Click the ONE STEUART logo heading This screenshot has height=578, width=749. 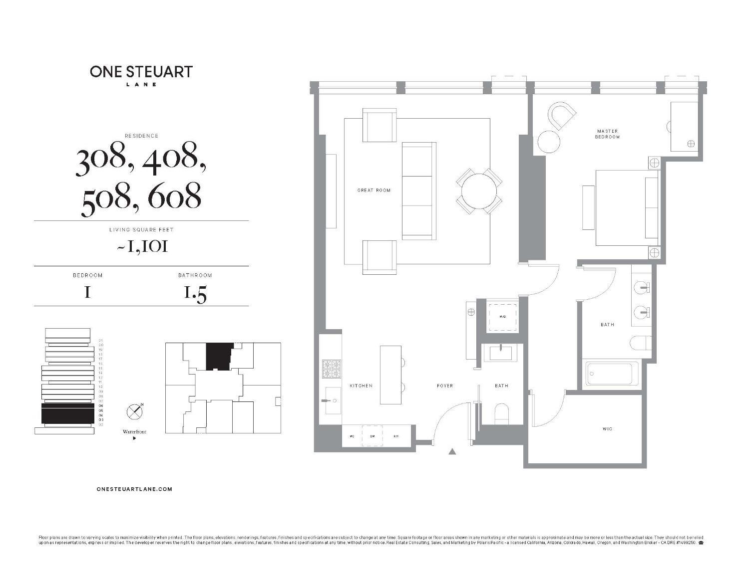tap(141, 71)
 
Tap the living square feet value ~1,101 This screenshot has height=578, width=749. tap(142, 246)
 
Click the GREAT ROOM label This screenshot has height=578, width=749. tap(374, 190)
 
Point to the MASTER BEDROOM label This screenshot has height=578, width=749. tap(607, 134)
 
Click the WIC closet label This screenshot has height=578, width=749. tap(607, 429)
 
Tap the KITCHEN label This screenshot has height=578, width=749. tap(361, 385)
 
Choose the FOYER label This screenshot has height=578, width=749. tap(445, 385)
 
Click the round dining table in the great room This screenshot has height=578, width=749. tap(479, 191)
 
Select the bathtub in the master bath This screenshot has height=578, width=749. tap(613, 373)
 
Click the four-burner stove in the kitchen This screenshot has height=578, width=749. tap(332, 370)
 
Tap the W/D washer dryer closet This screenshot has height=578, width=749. tap(503, 316)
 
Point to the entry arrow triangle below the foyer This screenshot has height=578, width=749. tap(452, 452)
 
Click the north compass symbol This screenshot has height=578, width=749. tap(135, 411)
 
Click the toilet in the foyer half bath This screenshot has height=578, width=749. tap(501, 414)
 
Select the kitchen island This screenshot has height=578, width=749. tap(390, 375)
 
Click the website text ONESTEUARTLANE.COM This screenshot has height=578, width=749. tap(134, 489)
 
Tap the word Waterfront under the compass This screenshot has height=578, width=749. tap(134, 432)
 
